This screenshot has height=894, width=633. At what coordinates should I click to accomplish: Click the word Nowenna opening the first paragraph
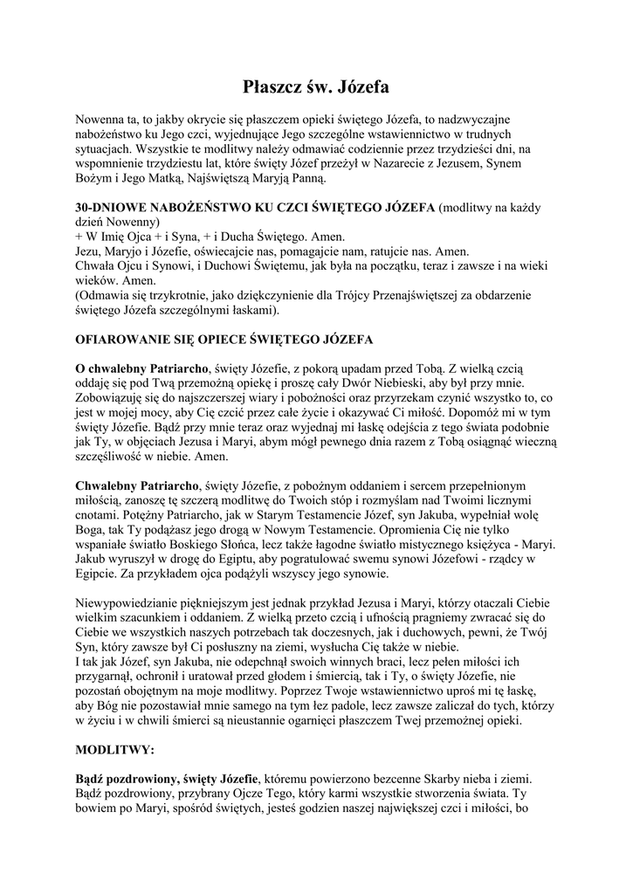pos(103,118)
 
